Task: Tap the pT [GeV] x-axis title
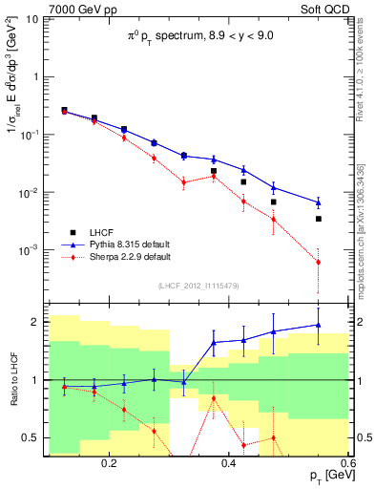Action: [324, 476]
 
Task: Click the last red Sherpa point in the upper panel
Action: [319, 262]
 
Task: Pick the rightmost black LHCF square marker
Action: [319, 219]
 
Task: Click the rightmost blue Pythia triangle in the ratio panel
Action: [319, 325]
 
